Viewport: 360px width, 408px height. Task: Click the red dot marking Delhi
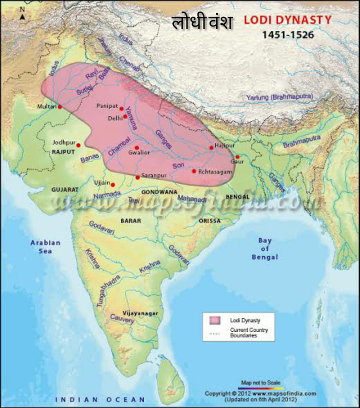point(125,116)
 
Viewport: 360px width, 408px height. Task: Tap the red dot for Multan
point(59,106)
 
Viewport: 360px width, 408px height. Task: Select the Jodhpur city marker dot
point(78,145)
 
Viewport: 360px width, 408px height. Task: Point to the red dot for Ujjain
point(113,184)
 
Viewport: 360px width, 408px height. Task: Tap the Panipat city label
point(107,106)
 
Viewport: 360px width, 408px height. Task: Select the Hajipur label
point(224,145)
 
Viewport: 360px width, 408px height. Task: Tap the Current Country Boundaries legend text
point(248,332)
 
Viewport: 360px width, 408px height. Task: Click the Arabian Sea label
point(45,246)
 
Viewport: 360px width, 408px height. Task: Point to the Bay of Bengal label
point(264,248)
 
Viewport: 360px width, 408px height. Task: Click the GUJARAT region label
point(65,190)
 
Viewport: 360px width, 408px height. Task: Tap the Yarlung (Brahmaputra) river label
point(279,97)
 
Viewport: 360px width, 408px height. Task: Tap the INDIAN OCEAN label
point(100,399)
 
